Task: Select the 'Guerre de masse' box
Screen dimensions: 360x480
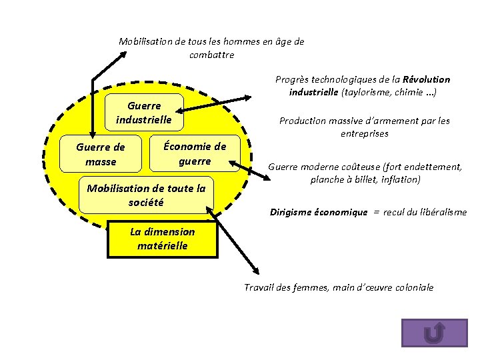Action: pos(101,154)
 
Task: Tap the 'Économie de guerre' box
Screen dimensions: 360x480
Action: pos(195,154)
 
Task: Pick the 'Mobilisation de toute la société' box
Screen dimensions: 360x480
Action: pos(146,195)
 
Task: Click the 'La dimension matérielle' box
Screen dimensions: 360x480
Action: pos(163,239)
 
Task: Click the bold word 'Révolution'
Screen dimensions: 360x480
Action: pos(427,79)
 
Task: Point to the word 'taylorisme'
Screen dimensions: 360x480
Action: pos(365,92)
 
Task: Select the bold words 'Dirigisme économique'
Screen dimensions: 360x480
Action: pos(318,213)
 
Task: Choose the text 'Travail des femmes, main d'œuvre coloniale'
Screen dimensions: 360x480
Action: pos(339,287)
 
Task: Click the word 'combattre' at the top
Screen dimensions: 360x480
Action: pos(211,55)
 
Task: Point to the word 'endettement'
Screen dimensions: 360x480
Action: pos(433,167)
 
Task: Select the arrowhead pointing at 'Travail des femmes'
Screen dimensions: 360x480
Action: pos(255,270)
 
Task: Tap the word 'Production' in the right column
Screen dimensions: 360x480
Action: pos(303,121)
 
